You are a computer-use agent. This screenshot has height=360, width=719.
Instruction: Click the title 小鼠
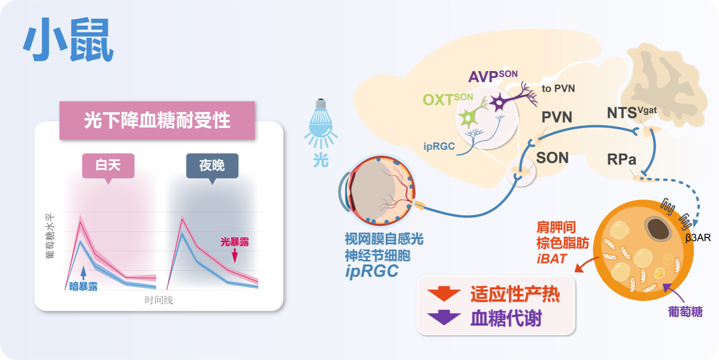click(68, 40)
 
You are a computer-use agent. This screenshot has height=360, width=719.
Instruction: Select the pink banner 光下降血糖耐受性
click(157, 121)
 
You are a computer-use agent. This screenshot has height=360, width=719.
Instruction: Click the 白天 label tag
click(108, 165)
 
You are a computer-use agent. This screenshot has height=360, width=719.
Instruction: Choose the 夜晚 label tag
click(212, 165)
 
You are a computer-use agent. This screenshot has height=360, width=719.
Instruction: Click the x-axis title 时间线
click(159, 301)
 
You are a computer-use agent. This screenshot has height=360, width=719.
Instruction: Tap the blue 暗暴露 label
click(83, 286)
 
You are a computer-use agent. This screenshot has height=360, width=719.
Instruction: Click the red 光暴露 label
click(234, 242)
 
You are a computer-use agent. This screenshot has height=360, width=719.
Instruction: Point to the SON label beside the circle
click(552, 158)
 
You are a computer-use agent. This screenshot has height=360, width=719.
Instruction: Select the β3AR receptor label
click(698, 237)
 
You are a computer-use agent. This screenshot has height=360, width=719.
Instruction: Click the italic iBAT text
click(552, 259)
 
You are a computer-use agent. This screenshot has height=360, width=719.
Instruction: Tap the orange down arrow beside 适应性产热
click(443, 294)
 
